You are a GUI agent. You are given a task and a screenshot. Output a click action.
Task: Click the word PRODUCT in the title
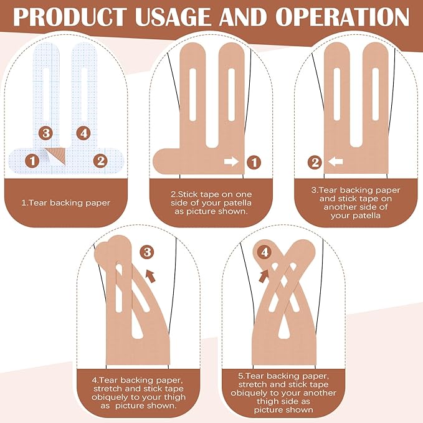[x=70, y=17]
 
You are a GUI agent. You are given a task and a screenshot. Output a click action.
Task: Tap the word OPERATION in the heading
[x=342, y=17]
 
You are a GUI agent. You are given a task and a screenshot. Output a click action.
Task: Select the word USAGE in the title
[x=173, y=17]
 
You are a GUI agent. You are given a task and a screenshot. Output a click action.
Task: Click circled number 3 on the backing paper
[x=45, y=133]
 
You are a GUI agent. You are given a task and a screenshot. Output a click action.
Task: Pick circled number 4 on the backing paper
[x=83, y=133]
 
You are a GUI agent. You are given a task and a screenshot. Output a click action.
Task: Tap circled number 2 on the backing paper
[x=100, y=161]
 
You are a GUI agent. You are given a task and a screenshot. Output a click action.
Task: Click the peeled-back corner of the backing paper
[x=55, y=156]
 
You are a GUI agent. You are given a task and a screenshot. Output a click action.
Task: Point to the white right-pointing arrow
[x=232, y=161]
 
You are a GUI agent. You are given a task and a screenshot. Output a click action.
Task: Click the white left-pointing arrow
[x=336, y=162]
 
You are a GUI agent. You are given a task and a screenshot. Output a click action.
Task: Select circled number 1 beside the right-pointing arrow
[x=254, y=162]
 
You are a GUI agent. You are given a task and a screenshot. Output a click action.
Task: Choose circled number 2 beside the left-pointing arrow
[x=315, y=163]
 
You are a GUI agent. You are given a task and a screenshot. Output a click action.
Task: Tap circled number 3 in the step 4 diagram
[x=147, y=252]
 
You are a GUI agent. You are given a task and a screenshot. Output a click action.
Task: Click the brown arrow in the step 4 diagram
[x=151, y=277]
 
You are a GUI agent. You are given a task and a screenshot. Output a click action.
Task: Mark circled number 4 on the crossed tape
[x=265, y=252]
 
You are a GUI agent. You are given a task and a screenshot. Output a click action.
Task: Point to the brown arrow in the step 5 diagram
[x=264, y=276]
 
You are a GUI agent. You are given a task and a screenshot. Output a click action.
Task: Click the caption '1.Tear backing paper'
[x=66, y=203]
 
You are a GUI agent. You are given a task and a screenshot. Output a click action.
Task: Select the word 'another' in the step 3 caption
[x=338, y=207]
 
